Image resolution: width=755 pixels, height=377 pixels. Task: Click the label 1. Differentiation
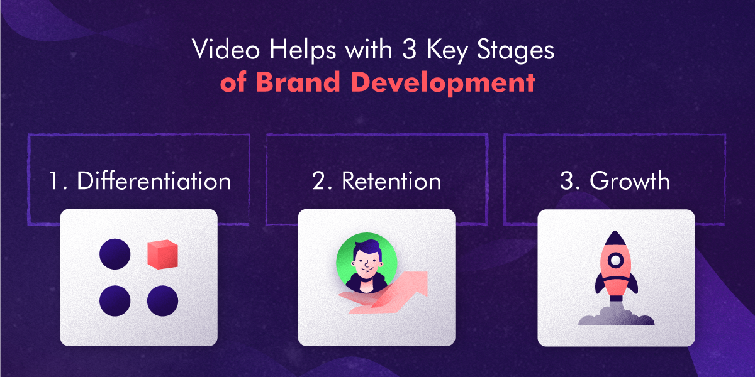pyautogui.click(x=140, y=182)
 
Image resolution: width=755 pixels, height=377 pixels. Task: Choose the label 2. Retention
pyautogui.click(x=376, y=182)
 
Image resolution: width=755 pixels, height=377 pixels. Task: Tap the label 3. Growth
pyautogui.click(x=615, y=182)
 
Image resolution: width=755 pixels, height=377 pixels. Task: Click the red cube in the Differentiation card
pyautogui.click(x=163, y=254)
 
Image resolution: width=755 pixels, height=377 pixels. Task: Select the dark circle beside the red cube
pyautogui.click(x=115, y=254)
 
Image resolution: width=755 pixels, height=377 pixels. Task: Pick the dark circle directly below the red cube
pyautogui.click(x=163, y=300)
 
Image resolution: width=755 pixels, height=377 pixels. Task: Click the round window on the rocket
pyautogui.click(x=615, y=260)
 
